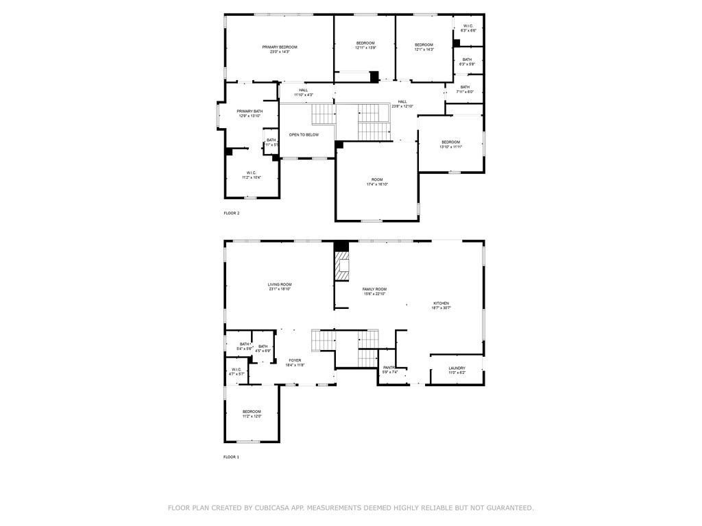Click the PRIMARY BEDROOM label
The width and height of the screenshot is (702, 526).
coord(279,47)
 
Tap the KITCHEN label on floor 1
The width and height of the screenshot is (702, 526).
coord(441,303)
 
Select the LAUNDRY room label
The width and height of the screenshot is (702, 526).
coord(457,368)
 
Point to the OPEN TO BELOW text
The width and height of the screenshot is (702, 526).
coord(304,135)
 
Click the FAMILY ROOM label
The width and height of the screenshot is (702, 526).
coord(374,290)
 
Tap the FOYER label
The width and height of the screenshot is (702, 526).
coord(295,360)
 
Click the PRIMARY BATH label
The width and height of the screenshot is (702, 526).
coord(250,111)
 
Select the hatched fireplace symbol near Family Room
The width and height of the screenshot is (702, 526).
coord(341,266)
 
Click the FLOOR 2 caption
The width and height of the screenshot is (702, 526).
coord(231,213)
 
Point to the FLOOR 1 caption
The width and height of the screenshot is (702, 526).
coord(231,457)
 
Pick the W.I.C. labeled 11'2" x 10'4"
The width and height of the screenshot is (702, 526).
coord(252,175)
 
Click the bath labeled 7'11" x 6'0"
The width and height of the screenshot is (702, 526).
coord(465,89)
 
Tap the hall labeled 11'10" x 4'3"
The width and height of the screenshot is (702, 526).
coord(303,92)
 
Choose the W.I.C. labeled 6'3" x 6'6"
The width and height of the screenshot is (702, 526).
coord(468,28)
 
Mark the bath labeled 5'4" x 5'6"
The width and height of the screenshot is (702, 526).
coord(244,346)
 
